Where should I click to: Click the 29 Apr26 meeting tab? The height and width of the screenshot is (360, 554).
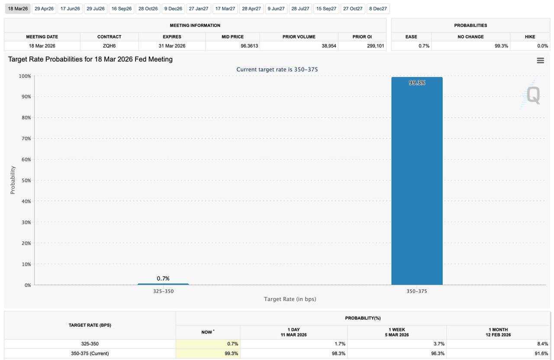tap(44, 9)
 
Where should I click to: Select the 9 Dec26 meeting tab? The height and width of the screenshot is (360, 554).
tap(173, 9)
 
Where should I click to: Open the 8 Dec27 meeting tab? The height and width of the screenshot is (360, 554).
tap(378, 9)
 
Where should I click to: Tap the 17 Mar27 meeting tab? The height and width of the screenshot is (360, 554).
tap(225, 9)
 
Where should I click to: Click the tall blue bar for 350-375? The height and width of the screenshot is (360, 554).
tap(417, 182)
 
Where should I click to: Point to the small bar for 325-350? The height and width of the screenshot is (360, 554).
tap(163, 284)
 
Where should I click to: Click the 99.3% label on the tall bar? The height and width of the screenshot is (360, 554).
tap(417, 83)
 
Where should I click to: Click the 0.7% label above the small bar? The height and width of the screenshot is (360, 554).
tap(163, 279)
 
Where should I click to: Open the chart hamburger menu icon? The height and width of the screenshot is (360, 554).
tap(541, 61)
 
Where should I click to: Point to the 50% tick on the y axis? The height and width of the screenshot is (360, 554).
tap(26, 180)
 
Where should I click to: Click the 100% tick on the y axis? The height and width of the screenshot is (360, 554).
tap(25, 76)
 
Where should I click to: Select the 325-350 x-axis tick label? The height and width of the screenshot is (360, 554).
tap(163, 291)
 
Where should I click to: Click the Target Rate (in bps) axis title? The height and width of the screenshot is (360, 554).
tap(290, 299)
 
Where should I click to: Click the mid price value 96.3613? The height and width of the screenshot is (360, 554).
tap(249, 46)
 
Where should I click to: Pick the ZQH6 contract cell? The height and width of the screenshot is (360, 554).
tap(109, 46)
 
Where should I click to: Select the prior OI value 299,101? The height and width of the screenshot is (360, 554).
tap(376, 46)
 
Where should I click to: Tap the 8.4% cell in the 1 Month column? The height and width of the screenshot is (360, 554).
tap(543, 344)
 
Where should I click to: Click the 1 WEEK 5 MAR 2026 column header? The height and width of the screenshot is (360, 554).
tap(397, 332)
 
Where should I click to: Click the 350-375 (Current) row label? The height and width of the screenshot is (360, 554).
tap(90, 354)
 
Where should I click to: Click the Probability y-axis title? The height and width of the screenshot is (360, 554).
tap(13, 180)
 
